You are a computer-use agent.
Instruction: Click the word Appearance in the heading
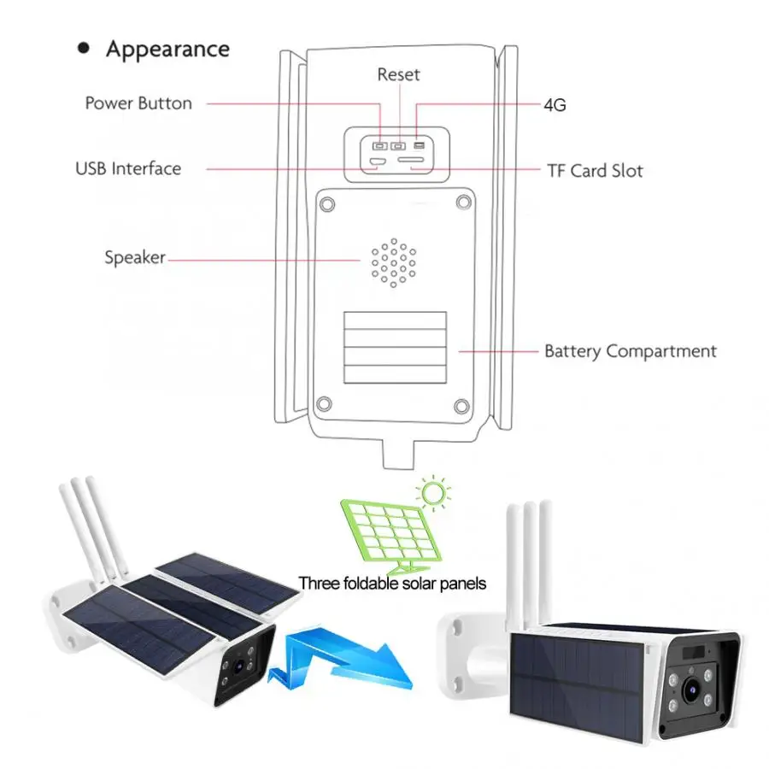pyautogui.click(x=167, y=49)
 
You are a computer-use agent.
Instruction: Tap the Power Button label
pyautogui.click(x=138, y=103)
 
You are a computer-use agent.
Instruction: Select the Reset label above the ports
pyautogui.click(x=398, y=74)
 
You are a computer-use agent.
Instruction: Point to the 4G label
pyautogui.click(x=555, y=105)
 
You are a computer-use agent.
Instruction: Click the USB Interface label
pyautogui.click(x=128, y=168)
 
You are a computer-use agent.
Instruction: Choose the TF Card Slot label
pyautogui.click(x=595, y=171)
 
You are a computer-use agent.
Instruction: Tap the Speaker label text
pyautogui.click(x=134, y=256)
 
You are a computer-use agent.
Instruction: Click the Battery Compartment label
pyautogui.click(x=631, y=351)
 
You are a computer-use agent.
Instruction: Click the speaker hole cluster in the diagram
pyautogui.click(x=393, y=261)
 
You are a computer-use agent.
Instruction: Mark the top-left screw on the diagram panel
pyautogui.click(x=323, y=203)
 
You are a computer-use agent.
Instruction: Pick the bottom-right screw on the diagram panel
pyautogui.click(x=461, y=405)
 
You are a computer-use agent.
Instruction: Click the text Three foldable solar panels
pyautogui.click(x=392, y=584)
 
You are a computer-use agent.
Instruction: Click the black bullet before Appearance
pyautogui.click(x=84, y=49)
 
